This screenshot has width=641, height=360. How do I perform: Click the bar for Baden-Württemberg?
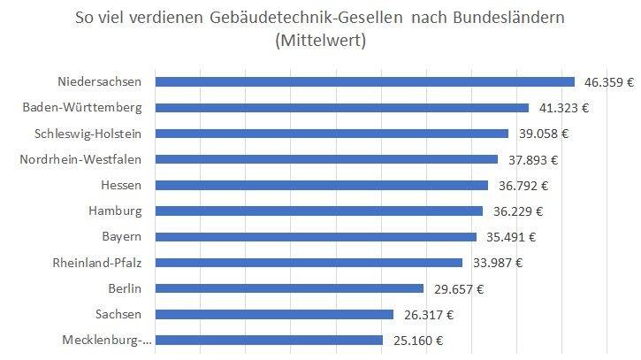341,108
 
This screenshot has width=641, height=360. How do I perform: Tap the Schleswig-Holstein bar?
332,134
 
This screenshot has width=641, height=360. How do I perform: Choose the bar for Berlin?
289,288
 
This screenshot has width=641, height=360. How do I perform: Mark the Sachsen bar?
274,314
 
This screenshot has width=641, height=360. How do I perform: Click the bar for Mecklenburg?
269,340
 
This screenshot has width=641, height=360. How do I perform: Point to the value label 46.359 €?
609,82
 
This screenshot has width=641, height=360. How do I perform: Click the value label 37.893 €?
531,160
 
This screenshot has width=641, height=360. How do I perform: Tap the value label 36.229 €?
516,211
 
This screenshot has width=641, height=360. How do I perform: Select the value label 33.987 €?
496,263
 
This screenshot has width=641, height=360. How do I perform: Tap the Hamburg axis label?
115,211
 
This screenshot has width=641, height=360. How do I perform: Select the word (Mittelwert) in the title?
320,40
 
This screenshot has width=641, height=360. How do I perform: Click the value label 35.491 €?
510,237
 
